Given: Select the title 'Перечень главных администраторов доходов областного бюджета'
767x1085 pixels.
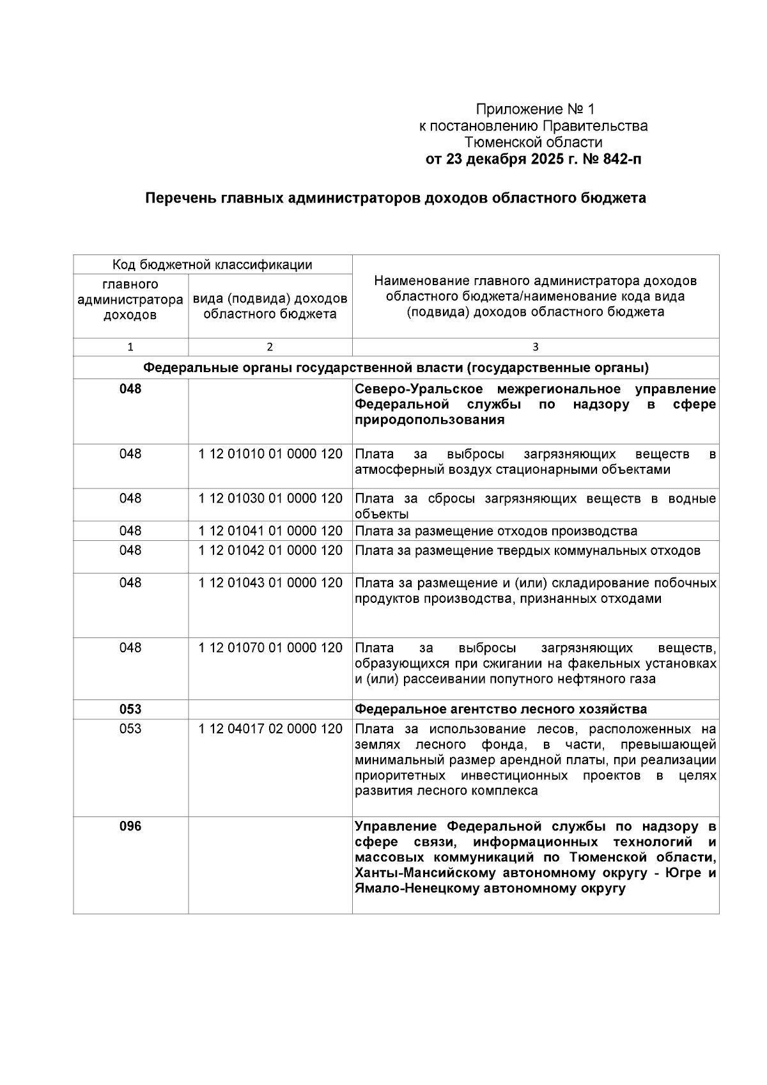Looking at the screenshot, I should tap(396, 198).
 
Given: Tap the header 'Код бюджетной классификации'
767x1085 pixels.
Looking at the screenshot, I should tap(212, 265).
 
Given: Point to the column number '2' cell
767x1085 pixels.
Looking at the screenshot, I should tap(270, 347).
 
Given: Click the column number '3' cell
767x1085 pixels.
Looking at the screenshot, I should tap(535, 347).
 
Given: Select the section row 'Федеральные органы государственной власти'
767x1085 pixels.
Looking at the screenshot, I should tap(396, 368).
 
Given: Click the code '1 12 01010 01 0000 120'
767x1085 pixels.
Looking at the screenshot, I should tap(270, 455).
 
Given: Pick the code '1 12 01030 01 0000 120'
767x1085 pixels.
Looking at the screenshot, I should tap(270, 499).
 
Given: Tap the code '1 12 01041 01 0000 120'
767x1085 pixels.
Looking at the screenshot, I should tap(270, 531).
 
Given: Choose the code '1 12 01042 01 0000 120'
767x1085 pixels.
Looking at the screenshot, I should tap(270, 550).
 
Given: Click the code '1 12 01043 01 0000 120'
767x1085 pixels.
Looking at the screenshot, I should tap(270, 583).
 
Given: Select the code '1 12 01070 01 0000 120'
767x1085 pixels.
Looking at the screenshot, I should tap(270, 648).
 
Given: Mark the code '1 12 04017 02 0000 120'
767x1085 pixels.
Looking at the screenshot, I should tap(270, 730).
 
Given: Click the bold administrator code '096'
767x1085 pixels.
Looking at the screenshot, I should tap(130, 827).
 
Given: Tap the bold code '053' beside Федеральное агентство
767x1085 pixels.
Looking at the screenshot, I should tap(130, 710).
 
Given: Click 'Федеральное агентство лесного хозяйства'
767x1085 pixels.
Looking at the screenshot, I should tap(500, 710).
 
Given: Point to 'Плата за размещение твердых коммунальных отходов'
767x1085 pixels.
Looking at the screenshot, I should tap(527, 551).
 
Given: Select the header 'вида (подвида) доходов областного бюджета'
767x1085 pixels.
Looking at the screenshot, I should tap(270, 306).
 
